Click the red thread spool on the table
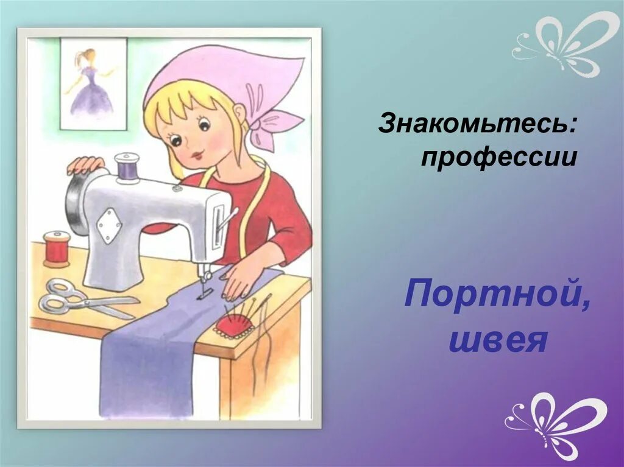coord(57,248)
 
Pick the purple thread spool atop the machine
coord(127,167)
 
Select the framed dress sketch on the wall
coord(93,83)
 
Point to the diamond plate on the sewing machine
coord(109,225)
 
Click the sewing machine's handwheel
coord(76,204)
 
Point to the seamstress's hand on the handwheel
coord(85,164)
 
